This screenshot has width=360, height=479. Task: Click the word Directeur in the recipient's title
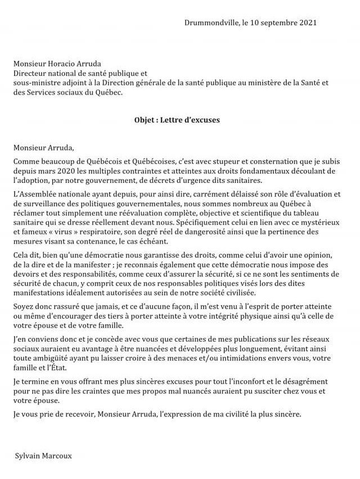pos(32,73)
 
